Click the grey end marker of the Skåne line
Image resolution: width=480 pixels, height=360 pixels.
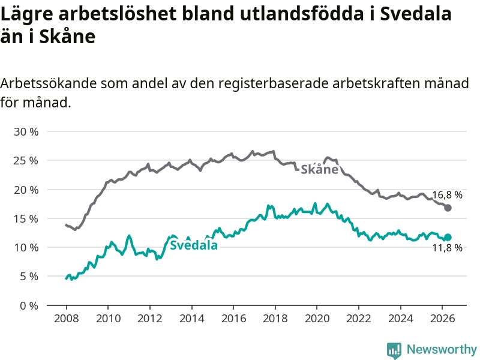[x=448, y=208]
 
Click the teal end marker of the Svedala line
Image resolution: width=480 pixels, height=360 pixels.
[x=448, y=237]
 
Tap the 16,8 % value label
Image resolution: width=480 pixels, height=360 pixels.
[x=447, y=194]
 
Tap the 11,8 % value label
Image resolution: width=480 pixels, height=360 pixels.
[x=447, y=247]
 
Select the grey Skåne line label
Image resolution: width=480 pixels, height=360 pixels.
[x=319, y=169]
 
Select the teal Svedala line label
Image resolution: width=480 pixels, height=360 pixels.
[x=193, y=245]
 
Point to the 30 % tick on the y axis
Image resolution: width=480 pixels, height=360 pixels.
[x=26, y=131]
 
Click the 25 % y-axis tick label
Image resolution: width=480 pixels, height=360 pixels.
[x=26, y=160]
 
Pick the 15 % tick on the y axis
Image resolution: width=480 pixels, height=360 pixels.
[x=26, y=218]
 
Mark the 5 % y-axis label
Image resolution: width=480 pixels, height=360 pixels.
[x=29, y=277]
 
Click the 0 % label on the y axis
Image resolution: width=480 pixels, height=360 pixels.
[x=29, y=305]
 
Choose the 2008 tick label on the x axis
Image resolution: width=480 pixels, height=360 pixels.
[x=67, y=319]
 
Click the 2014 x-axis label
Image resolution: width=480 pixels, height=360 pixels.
[x=191, y=319]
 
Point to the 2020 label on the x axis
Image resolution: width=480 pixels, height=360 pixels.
[x=317, y=319]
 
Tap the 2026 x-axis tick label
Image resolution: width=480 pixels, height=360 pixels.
[x=442, y=319]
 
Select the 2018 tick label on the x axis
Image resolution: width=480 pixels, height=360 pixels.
[x=275, y=319]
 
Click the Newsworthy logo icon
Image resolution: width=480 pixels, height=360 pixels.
[x=394, y=350]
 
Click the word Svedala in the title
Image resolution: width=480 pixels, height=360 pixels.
[x=416, y=13]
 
